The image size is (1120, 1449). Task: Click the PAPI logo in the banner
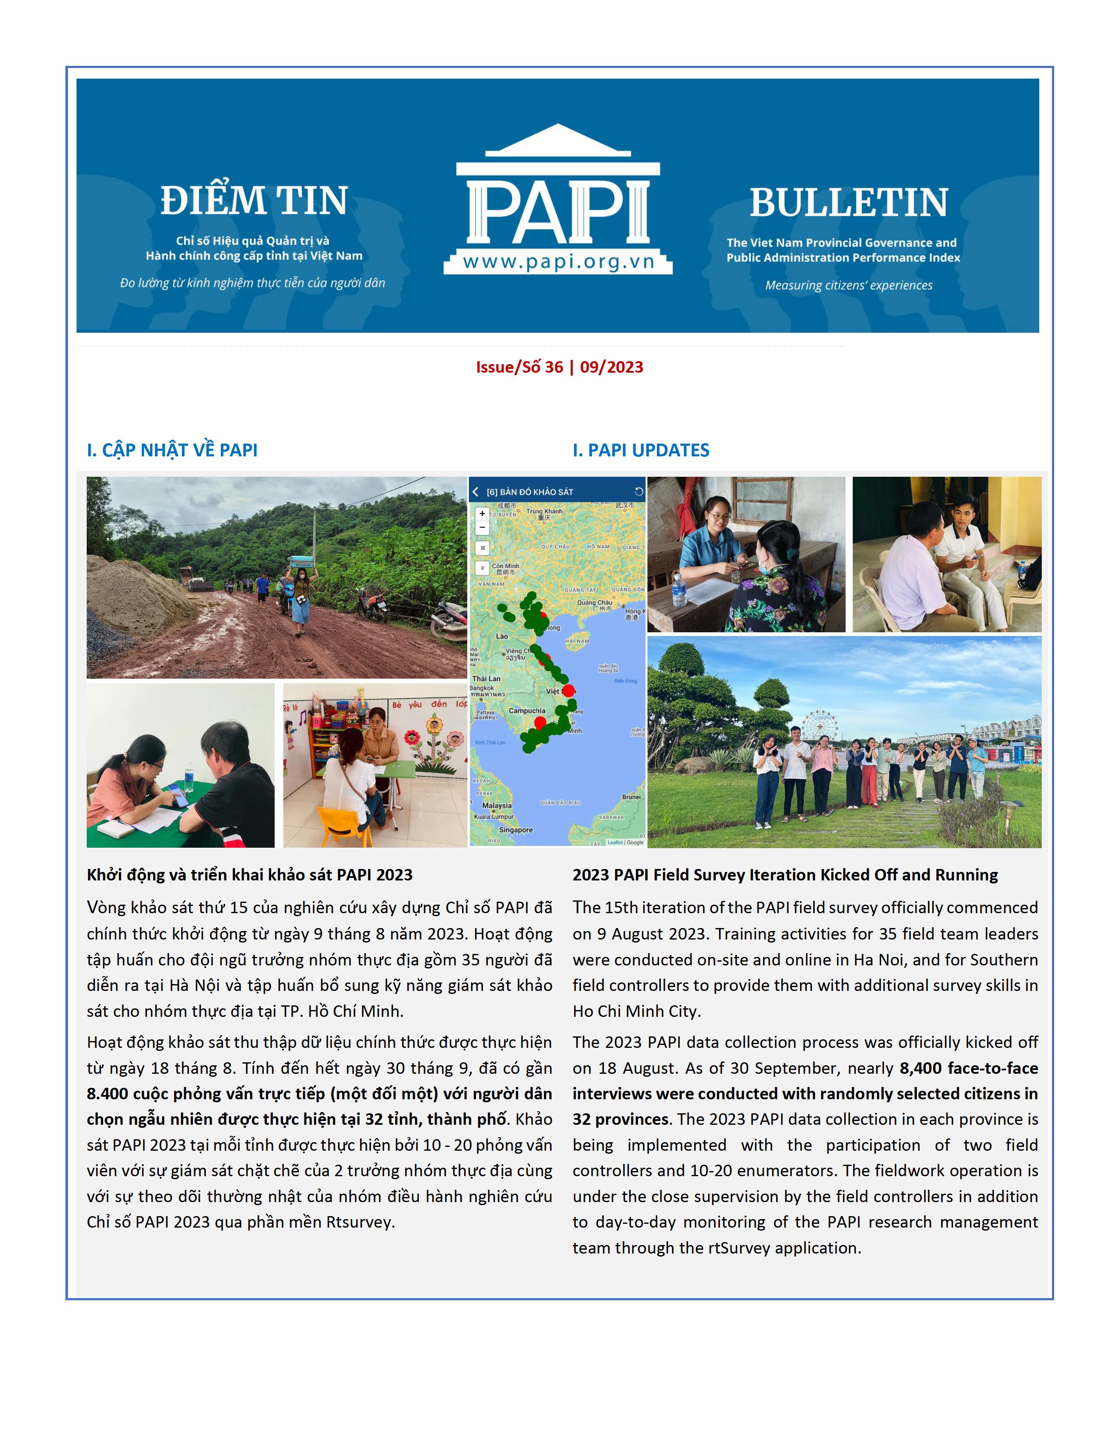pyautogui.click(x=558, y=199)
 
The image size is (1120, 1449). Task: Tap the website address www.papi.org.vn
pyautogui.click(x=559, y=262)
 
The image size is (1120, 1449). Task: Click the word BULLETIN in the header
pyautogui.click(x=849, y=203)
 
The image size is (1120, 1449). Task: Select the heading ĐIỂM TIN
pyautogui.click(x=254, y=201)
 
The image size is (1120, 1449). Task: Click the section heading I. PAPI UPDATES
pyautogui.click(x=641, y=450)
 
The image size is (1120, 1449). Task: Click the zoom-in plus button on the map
pyautogui.click(x=482, y=513)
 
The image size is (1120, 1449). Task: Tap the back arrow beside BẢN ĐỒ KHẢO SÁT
pyautogui.click(x=476, y=492)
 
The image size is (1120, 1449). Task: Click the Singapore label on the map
pyautogui.click(x=516, y=830)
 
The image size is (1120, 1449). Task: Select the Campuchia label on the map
pyautogui.click(x=527, y=710)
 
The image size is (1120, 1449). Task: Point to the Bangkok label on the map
pyautogui.click(x=481, y=688)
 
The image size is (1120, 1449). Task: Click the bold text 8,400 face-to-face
pyautogui.click(x=969, y=1068)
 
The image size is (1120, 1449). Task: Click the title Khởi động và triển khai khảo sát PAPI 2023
pyautogui.click(x=250, y=874)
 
